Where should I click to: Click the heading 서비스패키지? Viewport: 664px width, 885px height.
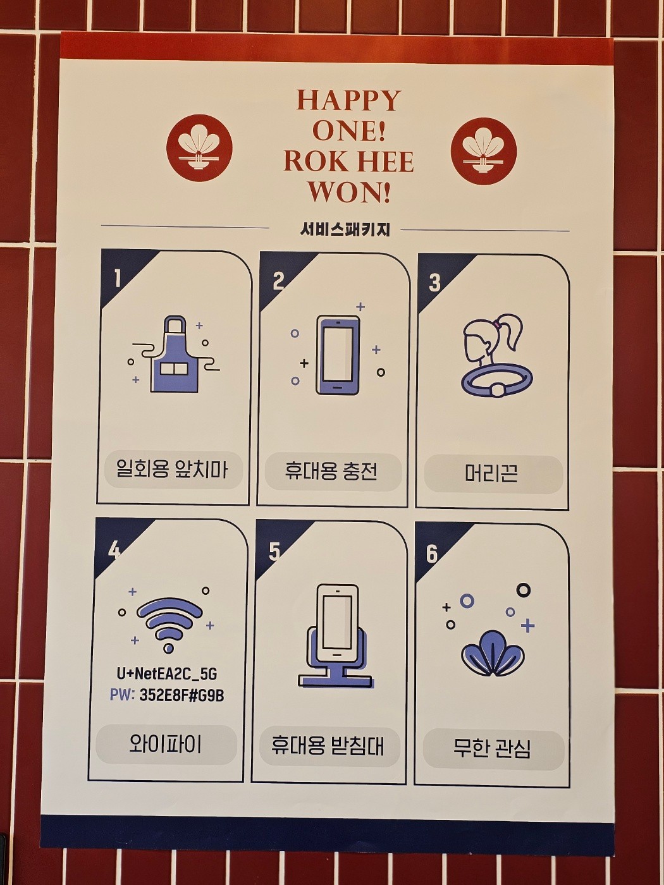pos(345,230)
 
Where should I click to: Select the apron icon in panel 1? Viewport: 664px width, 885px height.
pos(175,355)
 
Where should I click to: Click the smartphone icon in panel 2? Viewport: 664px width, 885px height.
pos(338,355)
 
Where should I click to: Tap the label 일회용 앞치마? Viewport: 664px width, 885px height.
pos(172,470)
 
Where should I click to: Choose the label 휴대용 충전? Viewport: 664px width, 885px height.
pos(331,471)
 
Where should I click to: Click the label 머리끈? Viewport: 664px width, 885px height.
pos(491,473)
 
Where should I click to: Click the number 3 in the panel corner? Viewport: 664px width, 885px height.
pos(434,283)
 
